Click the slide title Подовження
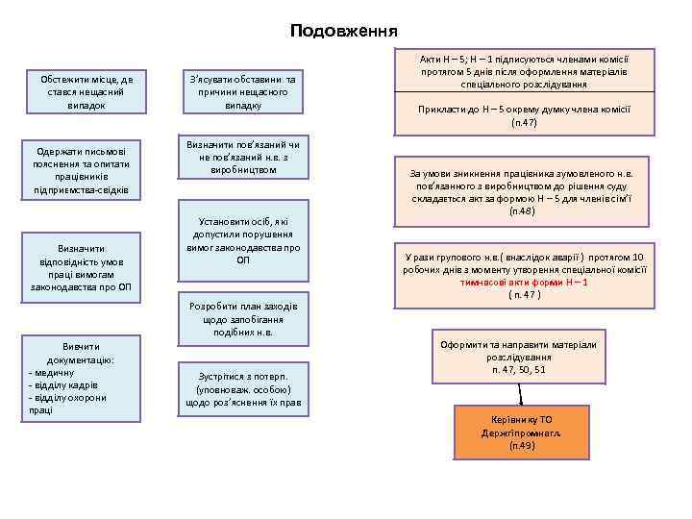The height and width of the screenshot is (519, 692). click(x=345, y=31)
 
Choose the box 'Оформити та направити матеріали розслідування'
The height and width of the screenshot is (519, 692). click(x=518, y=357)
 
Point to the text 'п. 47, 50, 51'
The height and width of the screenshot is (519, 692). click(x=518, y=369)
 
